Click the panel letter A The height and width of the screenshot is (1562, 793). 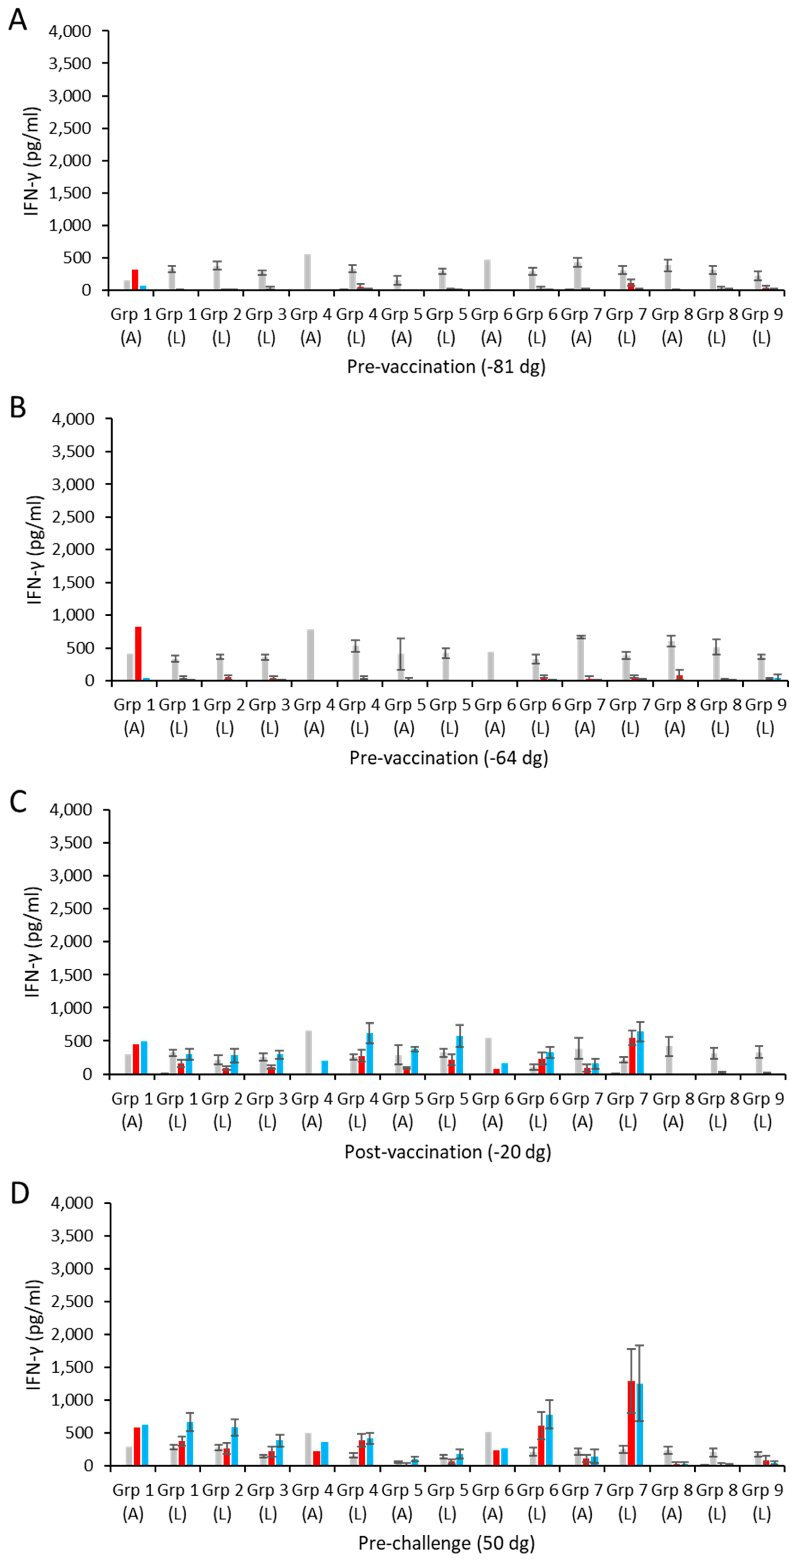click(18, 20)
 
